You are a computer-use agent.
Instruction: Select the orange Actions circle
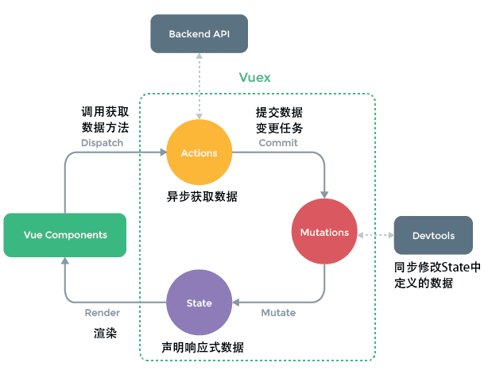(199, 152)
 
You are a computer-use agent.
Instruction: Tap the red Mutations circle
(324, 233)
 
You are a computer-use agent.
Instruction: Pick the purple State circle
(199, 303)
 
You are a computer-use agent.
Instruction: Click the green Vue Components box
(65, 235)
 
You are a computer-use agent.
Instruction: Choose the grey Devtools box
(433, 236)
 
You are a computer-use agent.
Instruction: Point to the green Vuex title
(255, 78)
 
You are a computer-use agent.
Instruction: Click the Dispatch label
(103, 143)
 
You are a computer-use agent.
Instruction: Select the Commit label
(278, 143)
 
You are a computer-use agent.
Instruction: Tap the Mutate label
(278, 313)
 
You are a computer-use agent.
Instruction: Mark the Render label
(103, 313)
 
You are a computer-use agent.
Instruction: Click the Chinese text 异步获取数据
(202, 196)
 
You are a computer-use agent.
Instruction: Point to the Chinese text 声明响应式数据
(202, 348)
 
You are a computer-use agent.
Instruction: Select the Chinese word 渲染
(105, 334)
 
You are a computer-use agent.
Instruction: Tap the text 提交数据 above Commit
(278, 112)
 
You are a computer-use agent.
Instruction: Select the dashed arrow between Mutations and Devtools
(376, 235)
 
